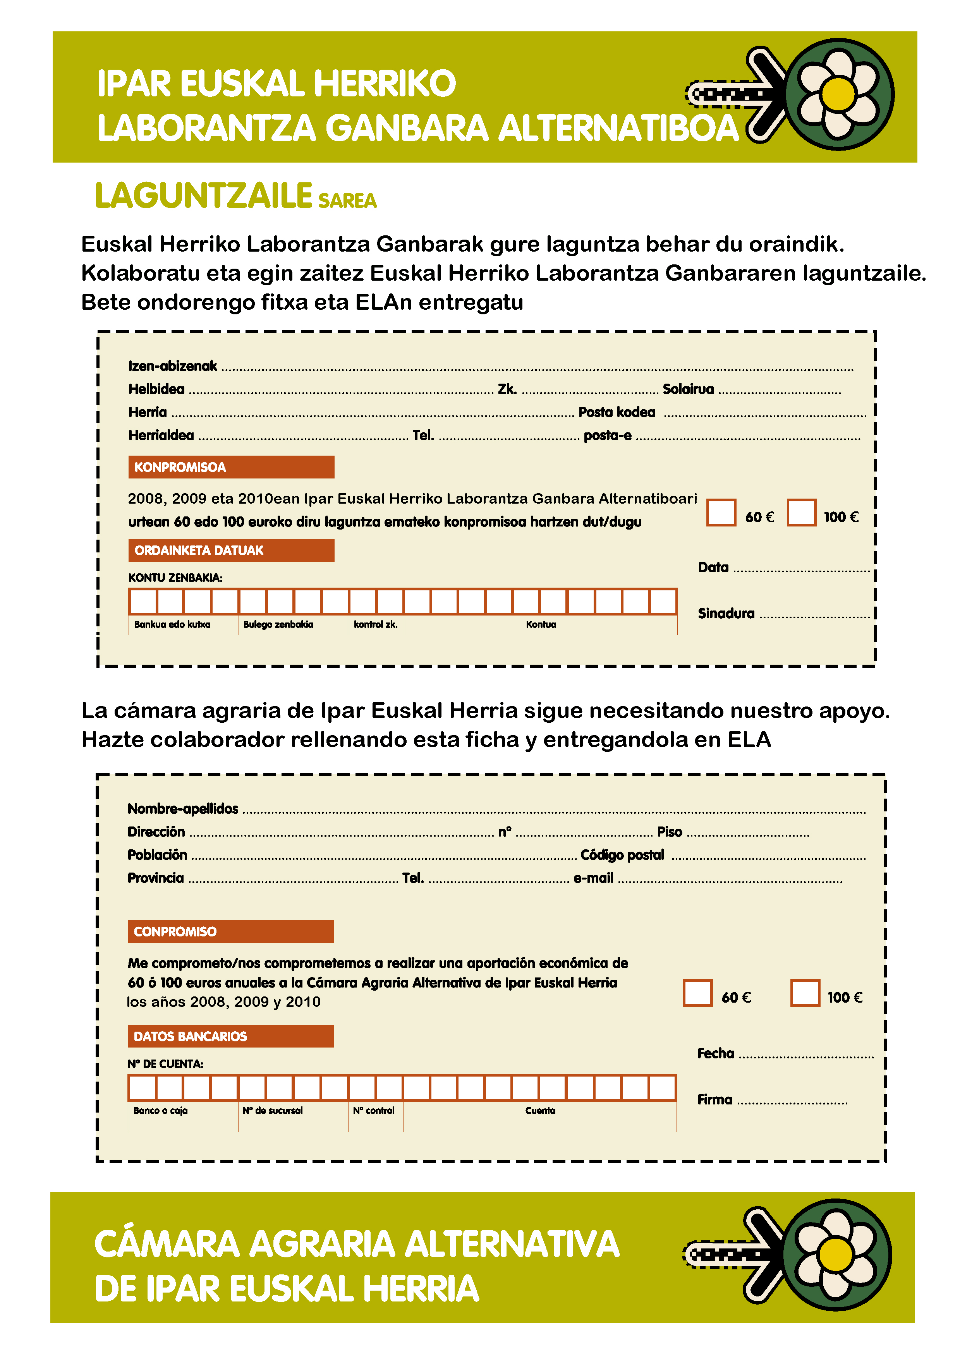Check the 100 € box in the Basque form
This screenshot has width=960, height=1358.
802,512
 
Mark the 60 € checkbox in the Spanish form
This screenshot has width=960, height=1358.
697,993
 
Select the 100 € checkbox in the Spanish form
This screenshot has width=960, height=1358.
805,993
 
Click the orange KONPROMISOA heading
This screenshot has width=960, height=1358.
231,467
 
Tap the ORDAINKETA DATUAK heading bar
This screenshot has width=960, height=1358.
231,550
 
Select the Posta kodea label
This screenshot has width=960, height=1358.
617,412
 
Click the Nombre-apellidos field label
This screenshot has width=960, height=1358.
183,809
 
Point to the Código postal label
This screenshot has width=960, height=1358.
622,855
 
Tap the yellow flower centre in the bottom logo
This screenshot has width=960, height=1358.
836,1255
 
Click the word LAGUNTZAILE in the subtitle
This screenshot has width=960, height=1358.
203,196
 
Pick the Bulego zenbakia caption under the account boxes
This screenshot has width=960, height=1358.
278,624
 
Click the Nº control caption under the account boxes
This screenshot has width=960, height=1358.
373,1111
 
